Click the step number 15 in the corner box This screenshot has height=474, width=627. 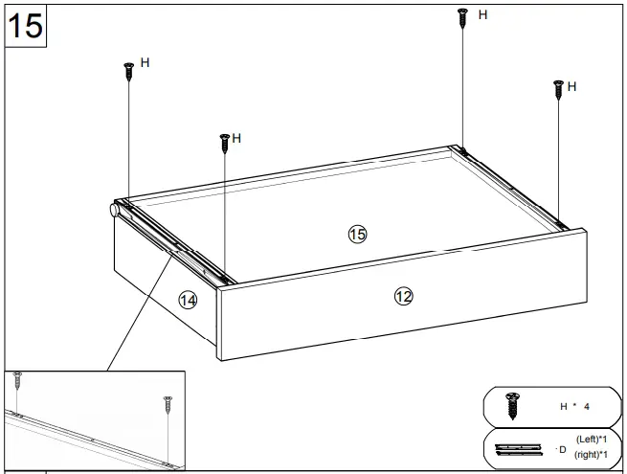pos(26,26)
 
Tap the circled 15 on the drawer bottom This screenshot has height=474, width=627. pos(357,235)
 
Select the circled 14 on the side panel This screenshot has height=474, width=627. pos(188,301)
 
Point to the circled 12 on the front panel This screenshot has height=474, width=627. pos(403,297)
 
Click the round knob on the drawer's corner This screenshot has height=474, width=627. pos(114,210)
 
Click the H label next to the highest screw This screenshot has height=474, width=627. pos(482,15)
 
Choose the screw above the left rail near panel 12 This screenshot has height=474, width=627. pos(224,143)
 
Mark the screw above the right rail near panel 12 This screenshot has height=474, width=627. pos(558,90)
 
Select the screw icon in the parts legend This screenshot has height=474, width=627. pos(512,404)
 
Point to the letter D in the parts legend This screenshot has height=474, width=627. pos(563,447)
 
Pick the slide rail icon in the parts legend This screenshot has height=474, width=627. pos(521,447)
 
